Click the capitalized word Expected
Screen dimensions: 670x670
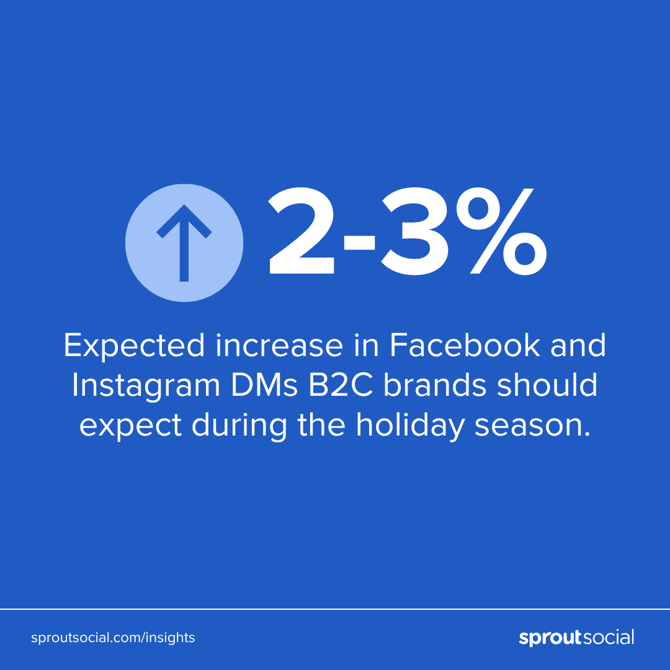pyautogui.click(x=134, y=346)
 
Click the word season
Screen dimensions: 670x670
pyautogui.click(x=532, y=426)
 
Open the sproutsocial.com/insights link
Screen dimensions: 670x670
pyautogui.click(x=113, y=638)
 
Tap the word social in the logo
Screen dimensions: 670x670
pyautogui.click(x=609, y=637)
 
